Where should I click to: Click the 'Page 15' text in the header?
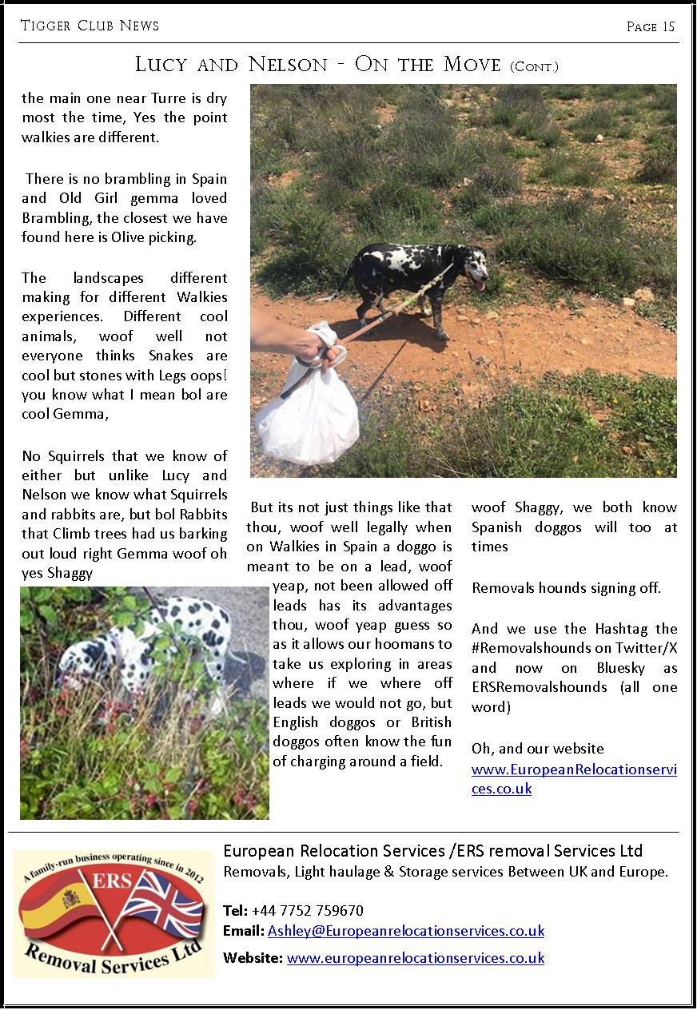click(651, 26)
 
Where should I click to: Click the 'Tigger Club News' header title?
click(90, 26)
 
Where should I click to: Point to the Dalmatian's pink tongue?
click(479, 284)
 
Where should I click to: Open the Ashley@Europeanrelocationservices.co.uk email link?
click(406, 931)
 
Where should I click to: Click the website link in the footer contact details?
click(416, 957)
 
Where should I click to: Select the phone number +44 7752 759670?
click(307, 910)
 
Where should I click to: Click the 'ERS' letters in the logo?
click(110, 878)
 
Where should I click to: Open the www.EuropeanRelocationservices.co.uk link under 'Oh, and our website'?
click(574, 778)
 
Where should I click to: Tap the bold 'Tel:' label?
click(236, 910)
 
